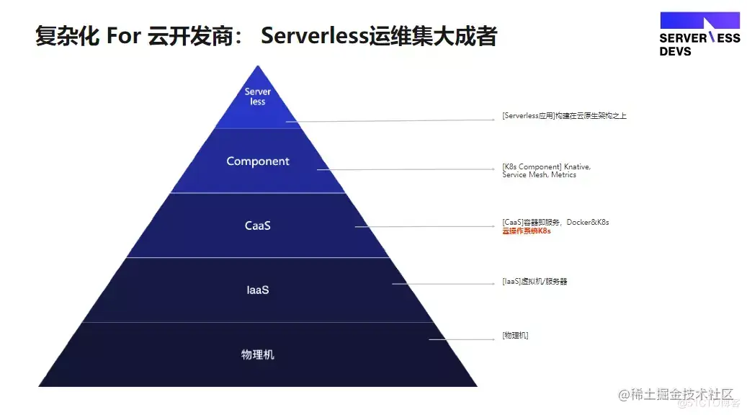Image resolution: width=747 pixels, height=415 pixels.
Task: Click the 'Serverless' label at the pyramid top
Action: (258, 97)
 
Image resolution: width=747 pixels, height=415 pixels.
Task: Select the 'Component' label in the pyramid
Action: (258, 161)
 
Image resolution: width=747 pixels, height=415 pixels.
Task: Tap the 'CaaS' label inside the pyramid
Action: (258, 226)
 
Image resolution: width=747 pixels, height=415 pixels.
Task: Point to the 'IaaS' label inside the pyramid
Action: (258, 290)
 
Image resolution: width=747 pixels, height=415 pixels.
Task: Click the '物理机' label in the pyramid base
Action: (258, 354)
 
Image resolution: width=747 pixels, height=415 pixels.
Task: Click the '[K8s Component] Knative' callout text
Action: (546, 166)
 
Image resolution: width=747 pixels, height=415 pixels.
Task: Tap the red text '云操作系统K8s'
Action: (527, 231)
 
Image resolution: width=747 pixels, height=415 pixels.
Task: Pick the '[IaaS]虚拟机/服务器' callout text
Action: (534, 281)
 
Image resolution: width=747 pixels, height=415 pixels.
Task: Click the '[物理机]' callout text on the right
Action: (515, 335)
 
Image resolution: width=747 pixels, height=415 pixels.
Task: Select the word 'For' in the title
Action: (124, 35)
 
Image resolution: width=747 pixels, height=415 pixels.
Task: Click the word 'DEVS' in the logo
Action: (675, 52)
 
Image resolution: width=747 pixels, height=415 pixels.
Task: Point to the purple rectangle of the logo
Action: (699, 20)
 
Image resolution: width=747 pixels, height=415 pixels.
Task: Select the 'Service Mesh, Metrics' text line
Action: (539, 175)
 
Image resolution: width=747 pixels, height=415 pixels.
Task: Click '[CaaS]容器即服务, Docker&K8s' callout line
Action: (555, 222)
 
